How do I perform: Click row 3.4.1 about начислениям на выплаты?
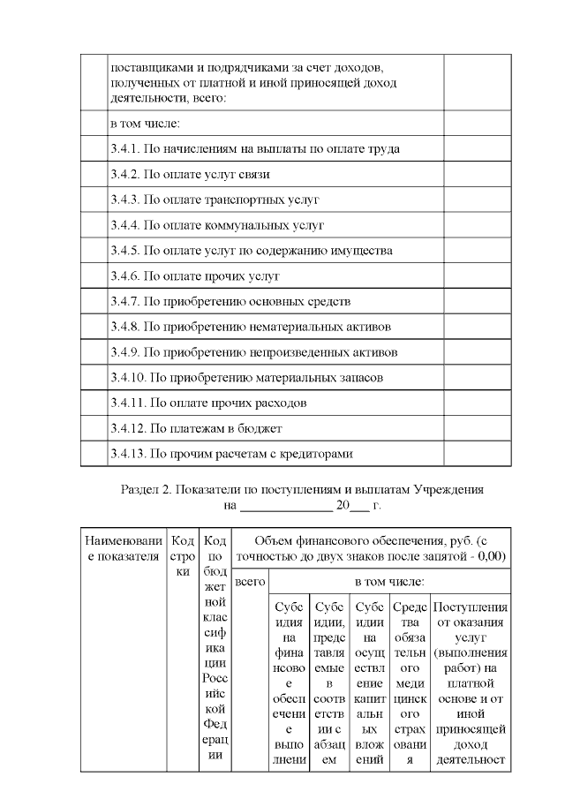pos(254,148)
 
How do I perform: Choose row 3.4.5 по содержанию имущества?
pos(251,251)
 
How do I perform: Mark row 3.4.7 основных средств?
pos(230,301)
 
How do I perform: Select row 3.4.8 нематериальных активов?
pos(251,327)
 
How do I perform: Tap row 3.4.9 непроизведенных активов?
pos(253,352)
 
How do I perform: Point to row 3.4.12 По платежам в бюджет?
pos(195,429)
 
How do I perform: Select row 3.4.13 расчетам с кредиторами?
pos(231,455)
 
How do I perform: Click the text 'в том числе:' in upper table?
pos(145,123)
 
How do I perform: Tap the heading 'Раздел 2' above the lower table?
pos(301,489)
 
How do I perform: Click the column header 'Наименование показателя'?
pos(124,548)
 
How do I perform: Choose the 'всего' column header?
pos(251,583)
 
